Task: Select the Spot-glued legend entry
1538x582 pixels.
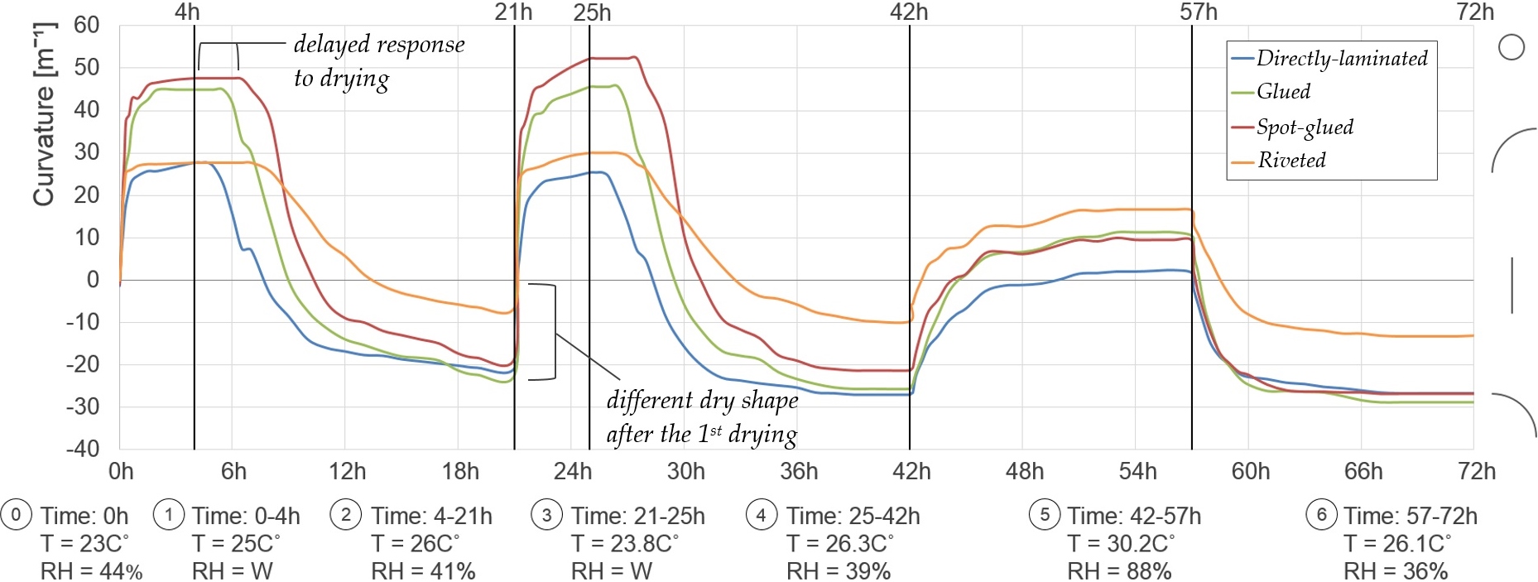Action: pos(1305,127)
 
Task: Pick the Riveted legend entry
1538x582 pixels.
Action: pos(1291,160)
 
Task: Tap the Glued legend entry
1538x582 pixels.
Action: pos(1283,91)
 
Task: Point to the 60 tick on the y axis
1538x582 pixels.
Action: pos(86,25)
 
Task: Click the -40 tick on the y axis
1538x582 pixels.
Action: pos(83,449)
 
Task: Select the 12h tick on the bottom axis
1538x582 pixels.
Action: pos(347,472)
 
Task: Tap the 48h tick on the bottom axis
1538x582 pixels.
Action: pos(1025,472)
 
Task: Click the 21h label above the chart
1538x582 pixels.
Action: pos(513,12)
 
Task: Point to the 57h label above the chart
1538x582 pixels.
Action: pos(1199,12)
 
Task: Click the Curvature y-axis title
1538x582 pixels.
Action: pos(43,114)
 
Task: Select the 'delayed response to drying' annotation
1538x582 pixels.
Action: pos(378,61)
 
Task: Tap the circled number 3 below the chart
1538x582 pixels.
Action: pos(546,515)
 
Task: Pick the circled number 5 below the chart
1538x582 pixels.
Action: pos(1045,515)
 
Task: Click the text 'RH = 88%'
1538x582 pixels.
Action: pos(1119,571)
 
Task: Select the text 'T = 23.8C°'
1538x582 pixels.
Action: pos(625,544)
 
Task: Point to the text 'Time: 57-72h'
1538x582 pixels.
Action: pos(1410,516)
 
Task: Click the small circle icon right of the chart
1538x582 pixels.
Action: pos(1512,47)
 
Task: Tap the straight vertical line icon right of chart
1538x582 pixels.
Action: pos(1512,286)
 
